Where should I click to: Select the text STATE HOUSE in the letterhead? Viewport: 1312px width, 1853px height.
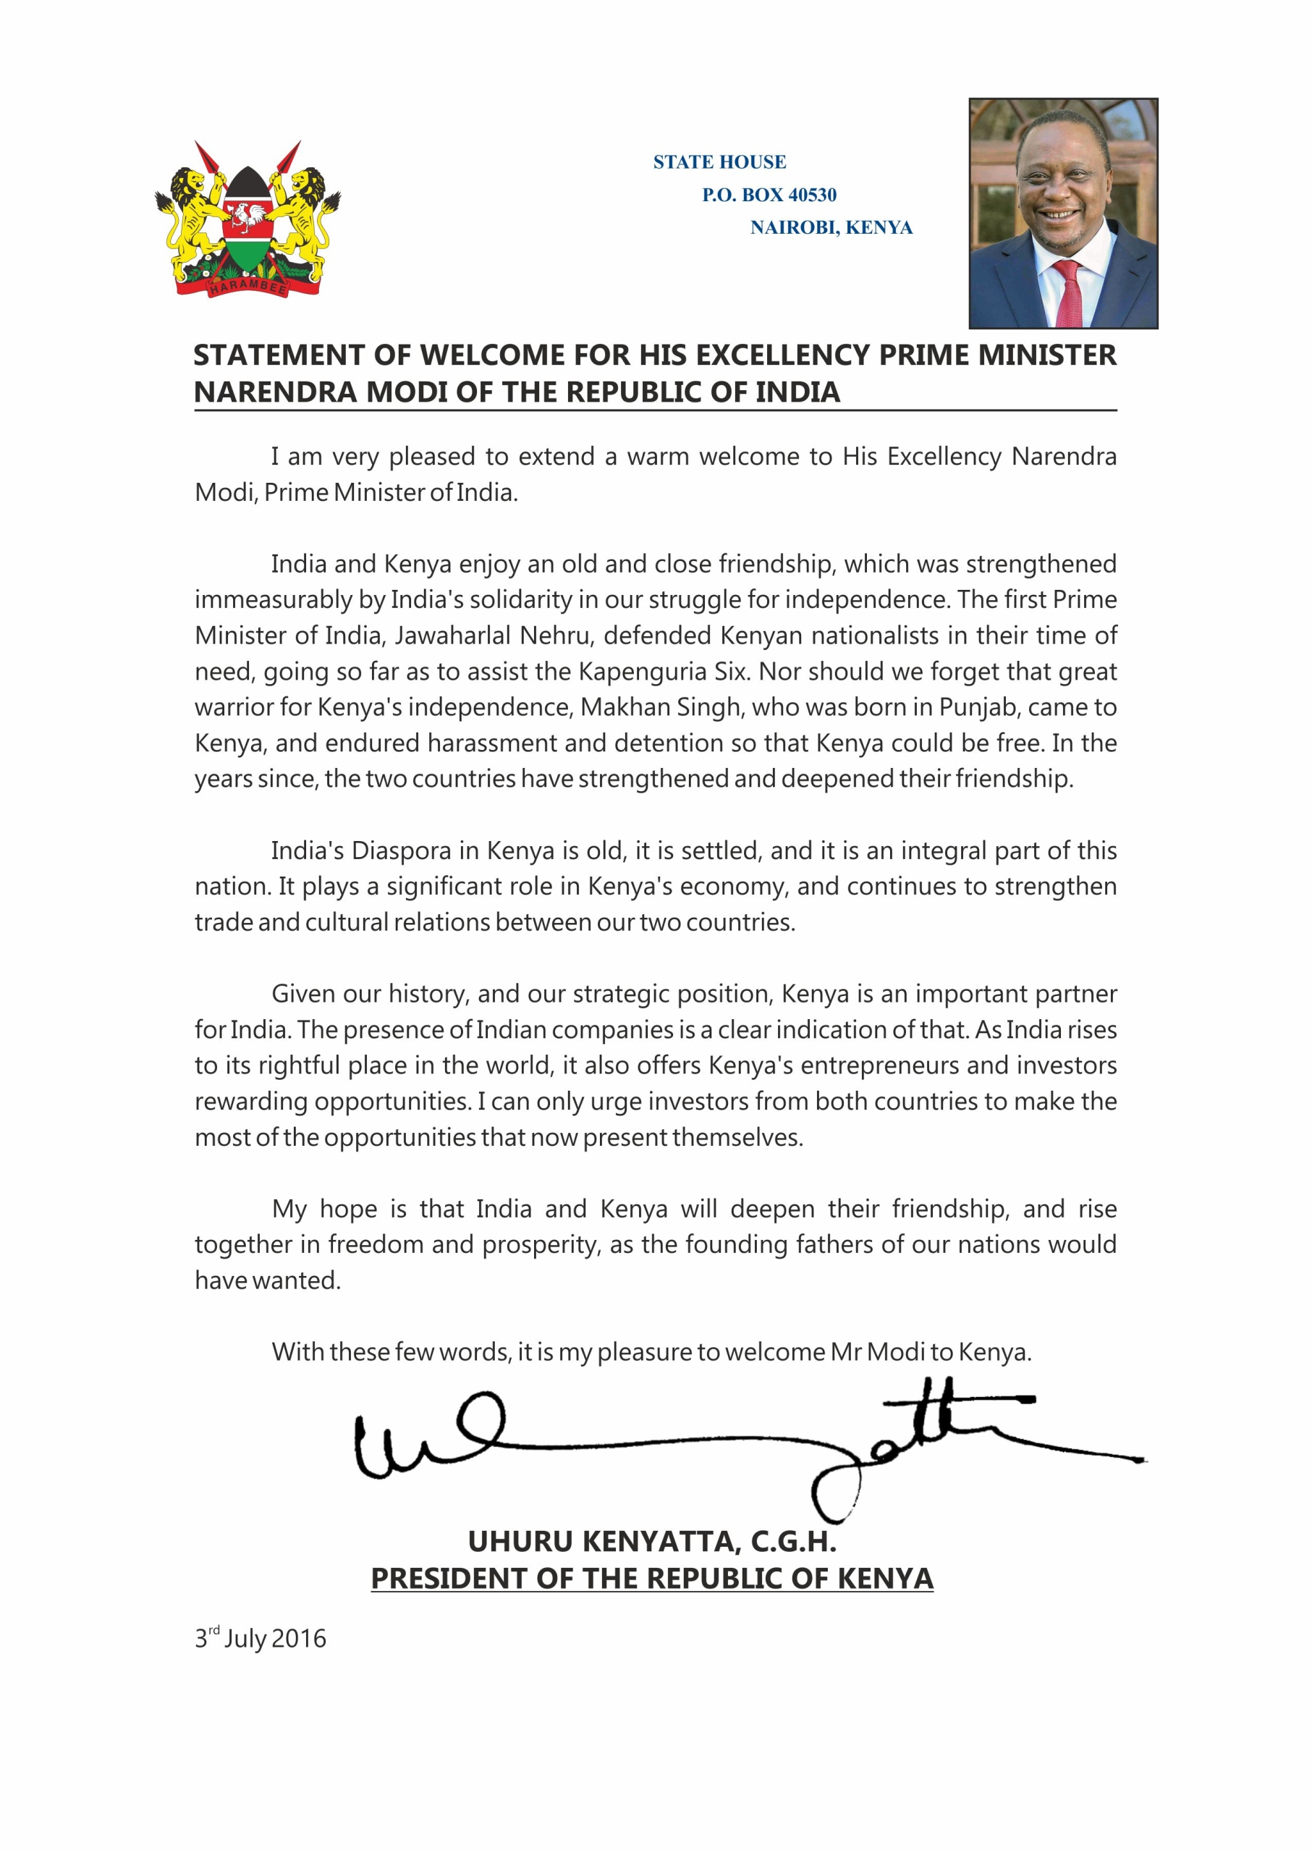tap(719, 162)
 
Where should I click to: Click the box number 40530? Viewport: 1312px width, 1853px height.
tap(812, 195)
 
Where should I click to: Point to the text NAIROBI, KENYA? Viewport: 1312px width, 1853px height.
tap(831, 228)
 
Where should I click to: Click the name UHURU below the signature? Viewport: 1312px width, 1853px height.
tap(520, 1542)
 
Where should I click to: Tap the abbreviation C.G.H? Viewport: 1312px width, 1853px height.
tap(793, 1542)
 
